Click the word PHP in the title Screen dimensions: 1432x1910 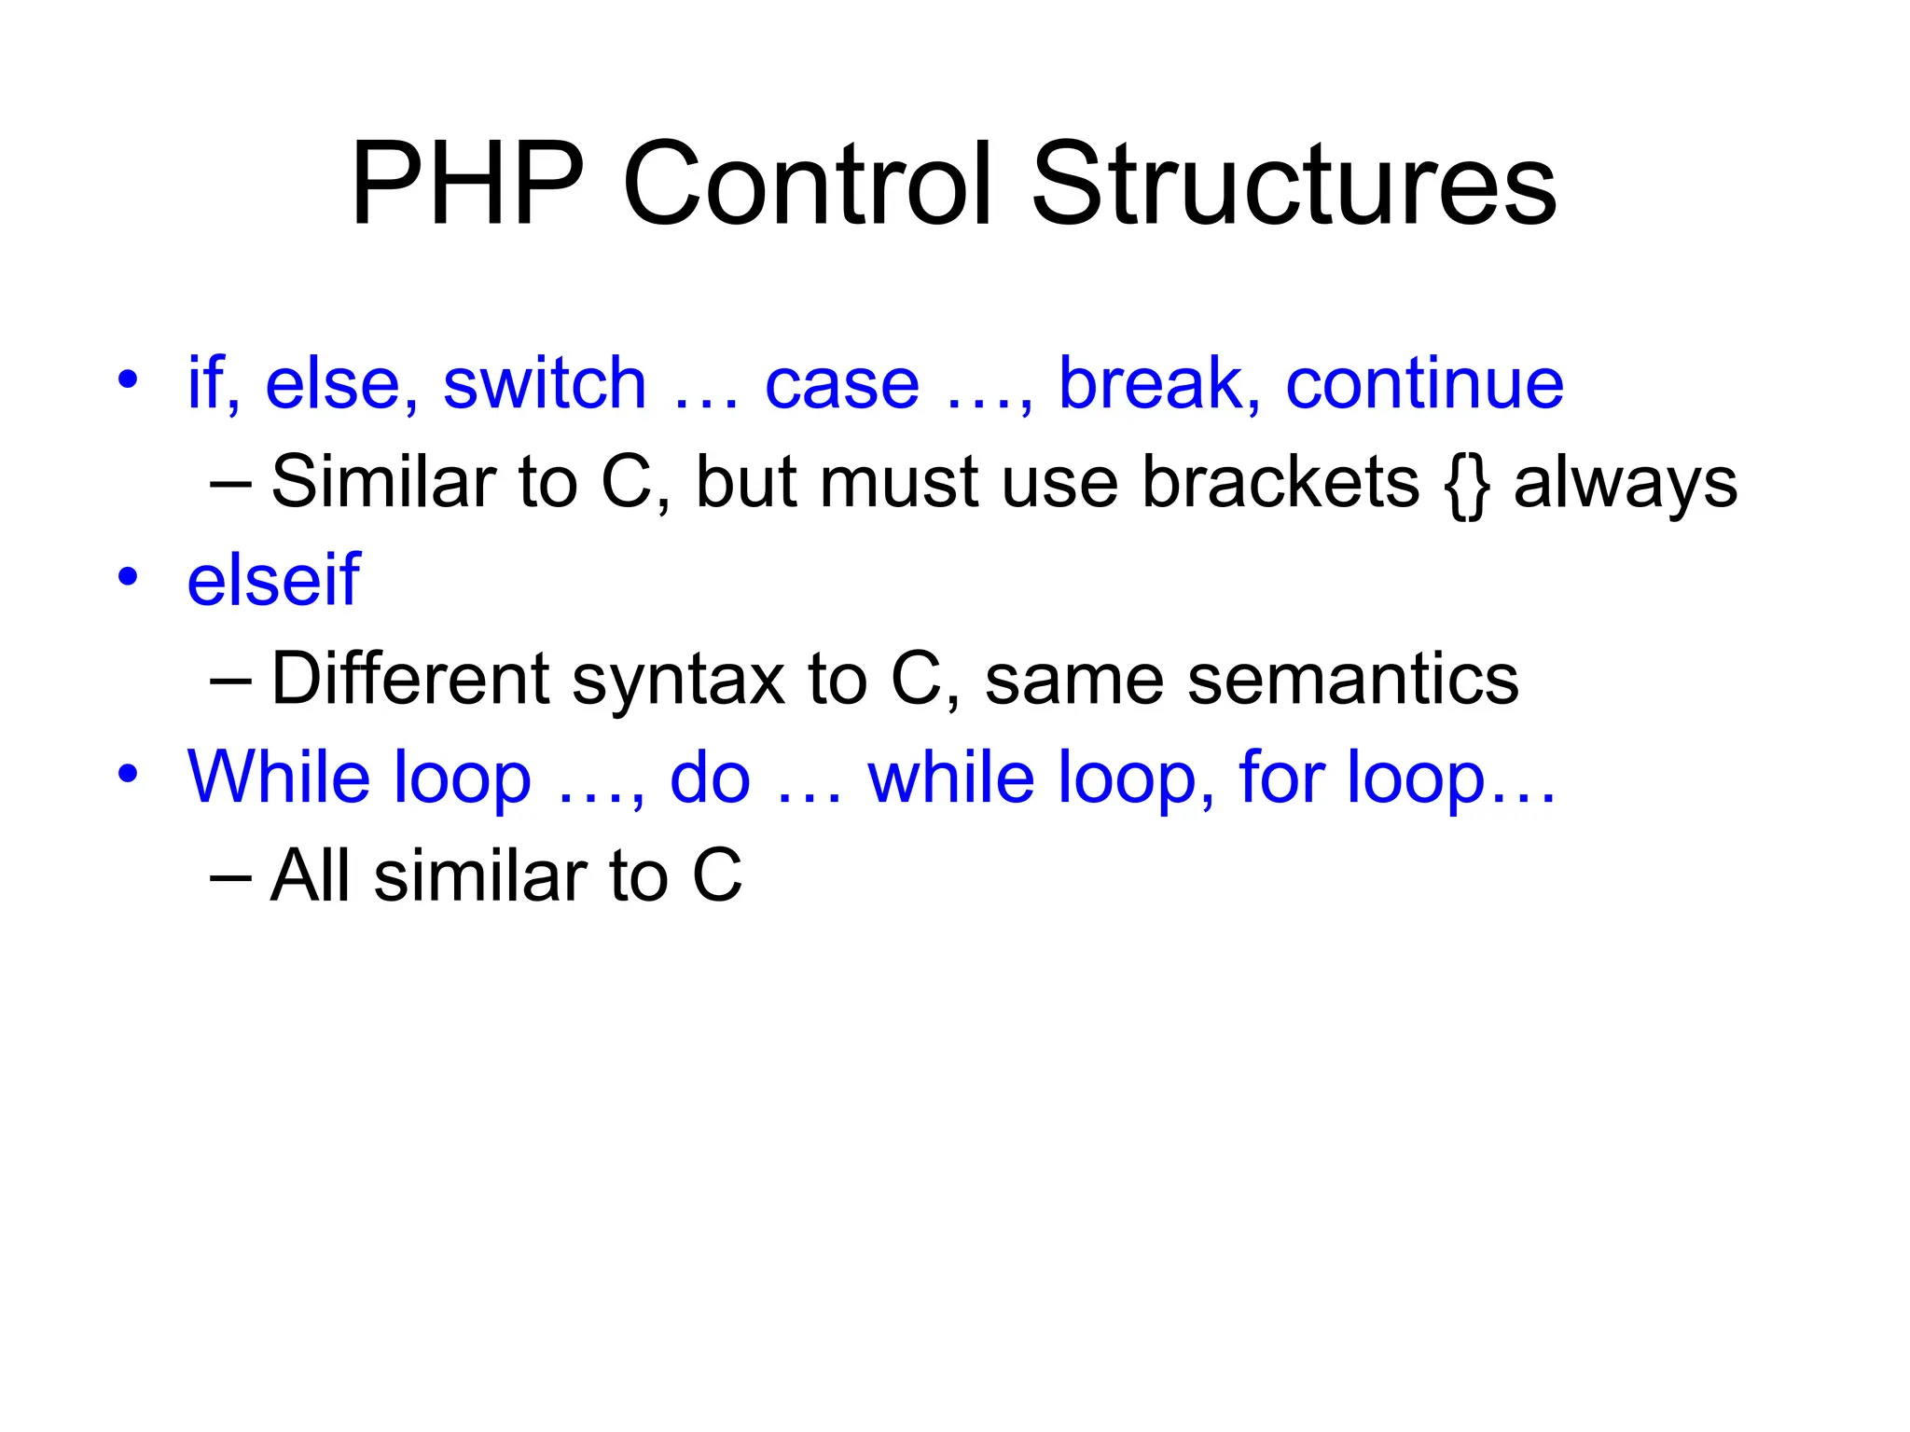click(x=468, y=184)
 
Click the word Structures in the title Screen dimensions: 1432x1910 click(x=1294, y=184)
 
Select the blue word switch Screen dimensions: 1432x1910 click(x=545, y=383)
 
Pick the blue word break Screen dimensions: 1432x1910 click(x=1151, y=383)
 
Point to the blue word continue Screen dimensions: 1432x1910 click(x=1424, y=383)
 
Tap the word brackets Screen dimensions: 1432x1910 click(x=1280, y=483)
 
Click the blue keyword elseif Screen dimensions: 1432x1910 click(x=273, y=580)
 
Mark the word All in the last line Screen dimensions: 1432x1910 click(x=309, y=875)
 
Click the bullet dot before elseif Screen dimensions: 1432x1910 click(x=128, y=576)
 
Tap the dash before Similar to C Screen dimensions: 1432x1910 click(x=230, y=484)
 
